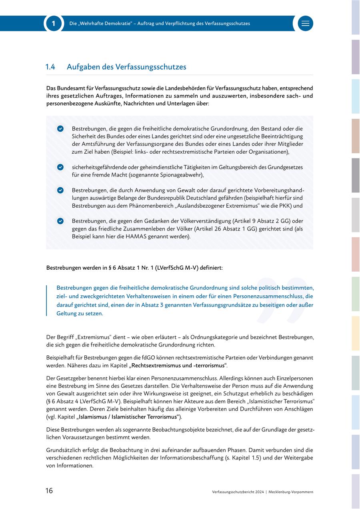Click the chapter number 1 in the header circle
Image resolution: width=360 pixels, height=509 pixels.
54,24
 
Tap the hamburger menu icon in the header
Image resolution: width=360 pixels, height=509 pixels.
306,24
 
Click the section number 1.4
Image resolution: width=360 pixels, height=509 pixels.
50,67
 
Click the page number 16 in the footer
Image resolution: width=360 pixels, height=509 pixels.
49,491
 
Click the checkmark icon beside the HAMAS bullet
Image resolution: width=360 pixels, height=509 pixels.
60,221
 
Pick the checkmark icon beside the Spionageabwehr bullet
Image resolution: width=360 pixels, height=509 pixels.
60,167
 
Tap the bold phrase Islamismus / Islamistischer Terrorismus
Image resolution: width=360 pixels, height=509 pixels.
128,417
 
